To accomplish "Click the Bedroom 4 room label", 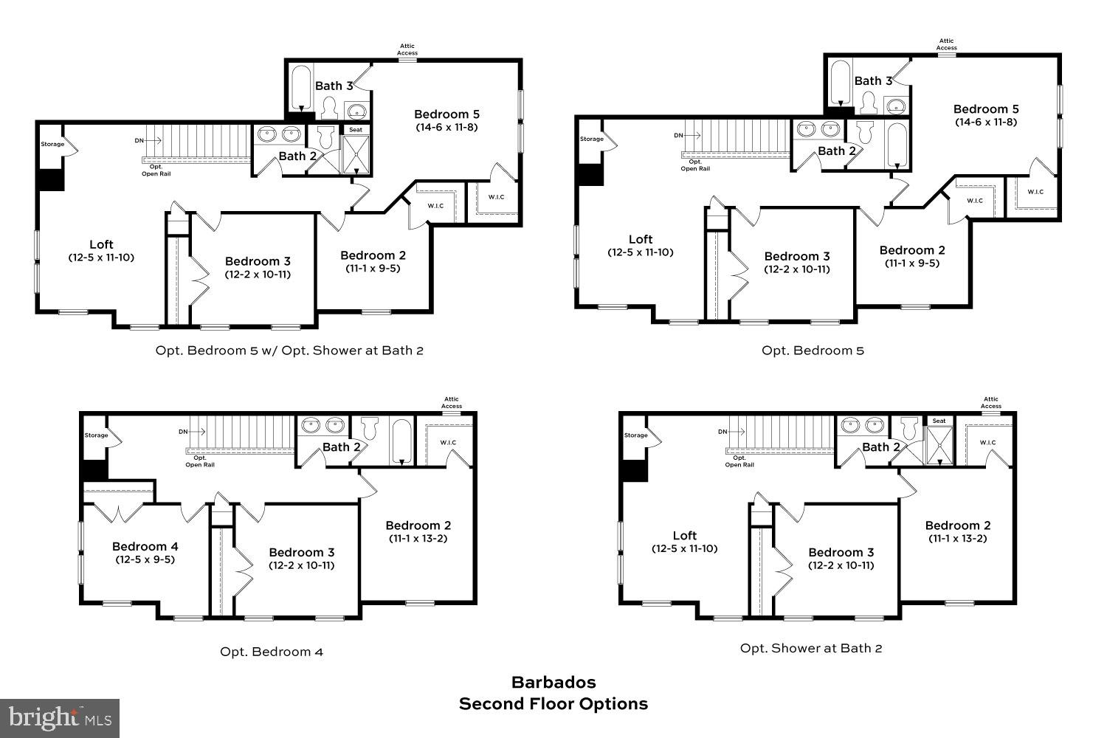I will [145, 546].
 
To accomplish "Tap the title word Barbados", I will [553, 683].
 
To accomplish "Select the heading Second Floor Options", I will [553, 704].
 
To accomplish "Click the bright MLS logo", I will [61, 717].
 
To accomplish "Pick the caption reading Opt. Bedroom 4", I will [272, 652].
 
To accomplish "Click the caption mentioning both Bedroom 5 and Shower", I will [289, 351].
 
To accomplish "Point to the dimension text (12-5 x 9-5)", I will [145, 559].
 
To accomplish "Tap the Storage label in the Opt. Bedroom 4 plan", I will [96, 435].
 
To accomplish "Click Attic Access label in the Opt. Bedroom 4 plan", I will [452, 402].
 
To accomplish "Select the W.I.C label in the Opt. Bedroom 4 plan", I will [448, 443].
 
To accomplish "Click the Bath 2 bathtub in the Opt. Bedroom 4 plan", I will [401, 441].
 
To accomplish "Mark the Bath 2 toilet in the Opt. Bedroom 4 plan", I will [369, 428].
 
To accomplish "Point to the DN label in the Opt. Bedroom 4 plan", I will [183, 432].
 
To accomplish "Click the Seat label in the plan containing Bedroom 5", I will [356, 130].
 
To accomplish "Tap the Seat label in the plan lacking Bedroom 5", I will [939, 421].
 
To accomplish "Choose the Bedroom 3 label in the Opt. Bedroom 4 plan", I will [301, 552].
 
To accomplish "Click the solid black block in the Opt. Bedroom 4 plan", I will [94, 470].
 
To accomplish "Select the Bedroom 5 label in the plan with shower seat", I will [446, 114].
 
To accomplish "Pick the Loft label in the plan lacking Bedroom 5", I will [684, 536].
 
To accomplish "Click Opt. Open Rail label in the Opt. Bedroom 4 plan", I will [200, 461].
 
